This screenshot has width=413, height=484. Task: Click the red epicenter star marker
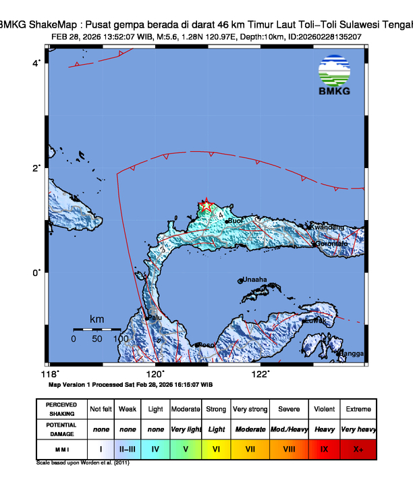[206, 206]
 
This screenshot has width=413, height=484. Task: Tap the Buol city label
[236, 221]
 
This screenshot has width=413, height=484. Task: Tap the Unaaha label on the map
[254, 279]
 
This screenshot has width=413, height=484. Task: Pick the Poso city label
[205, 345]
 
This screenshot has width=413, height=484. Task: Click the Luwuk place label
[315, 321]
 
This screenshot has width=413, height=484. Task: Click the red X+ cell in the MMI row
[358, 448]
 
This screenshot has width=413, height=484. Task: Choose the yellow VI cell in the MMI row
[216, 448]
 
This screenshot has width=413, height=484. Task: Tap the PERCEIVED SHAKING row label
[61, 409]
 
